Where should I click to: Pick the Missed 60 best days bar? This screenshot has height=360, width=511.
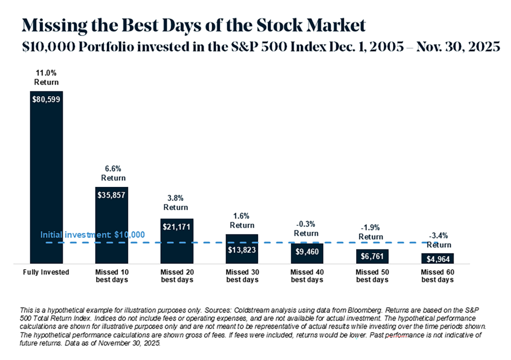pos(437,258)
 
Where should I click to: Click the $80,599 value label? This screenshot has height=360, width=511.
pos(46,99)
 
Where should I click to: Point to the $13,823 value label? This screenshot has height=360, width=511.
pos(242,249)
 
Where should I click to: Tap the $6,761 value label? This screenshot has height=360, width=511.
pos(372,255)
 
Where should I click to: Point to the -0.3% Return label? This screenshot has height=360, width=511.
pos(306,229)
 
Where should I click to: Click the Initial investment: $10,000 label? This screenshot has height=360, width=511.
pos(92,234)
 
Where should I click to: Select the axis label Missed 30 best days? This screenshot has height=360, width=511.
pos(242,276)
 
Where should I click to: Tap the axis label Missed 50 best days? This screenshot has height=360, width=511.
pos(372,276)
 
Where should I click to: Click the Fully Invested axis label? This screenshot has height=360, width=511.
pos(46,273)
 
